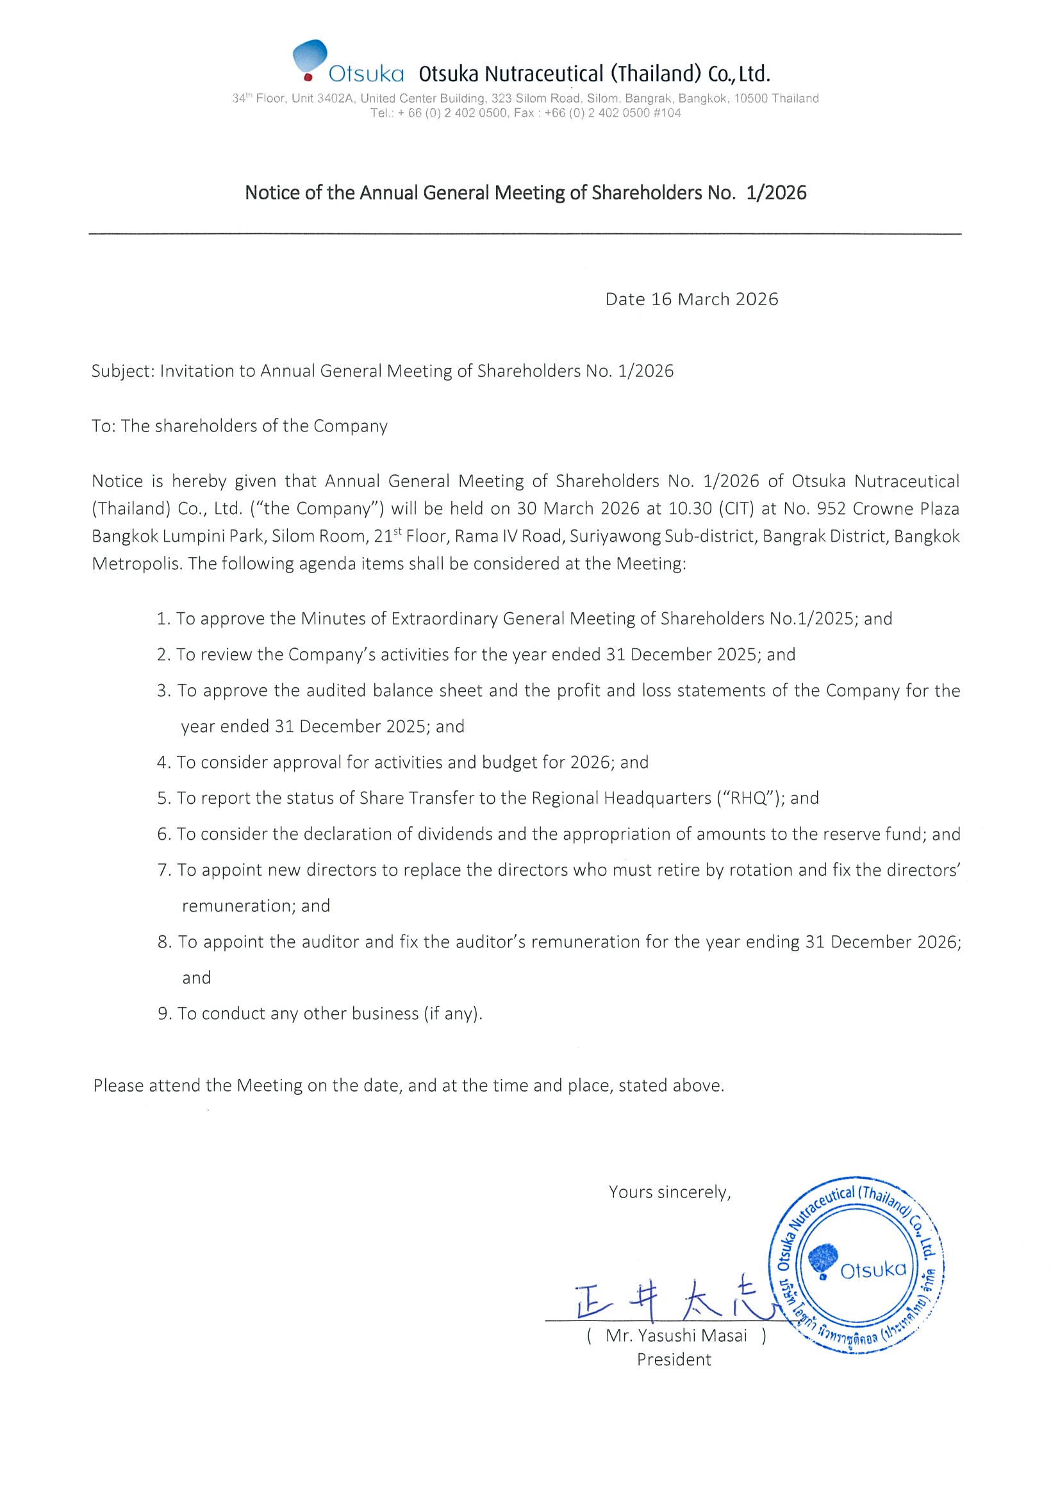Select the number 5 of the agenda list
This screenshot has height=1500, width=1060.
click(163, 798)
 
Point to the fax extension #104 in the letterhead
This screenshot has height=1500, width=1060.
click(667, 113)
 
